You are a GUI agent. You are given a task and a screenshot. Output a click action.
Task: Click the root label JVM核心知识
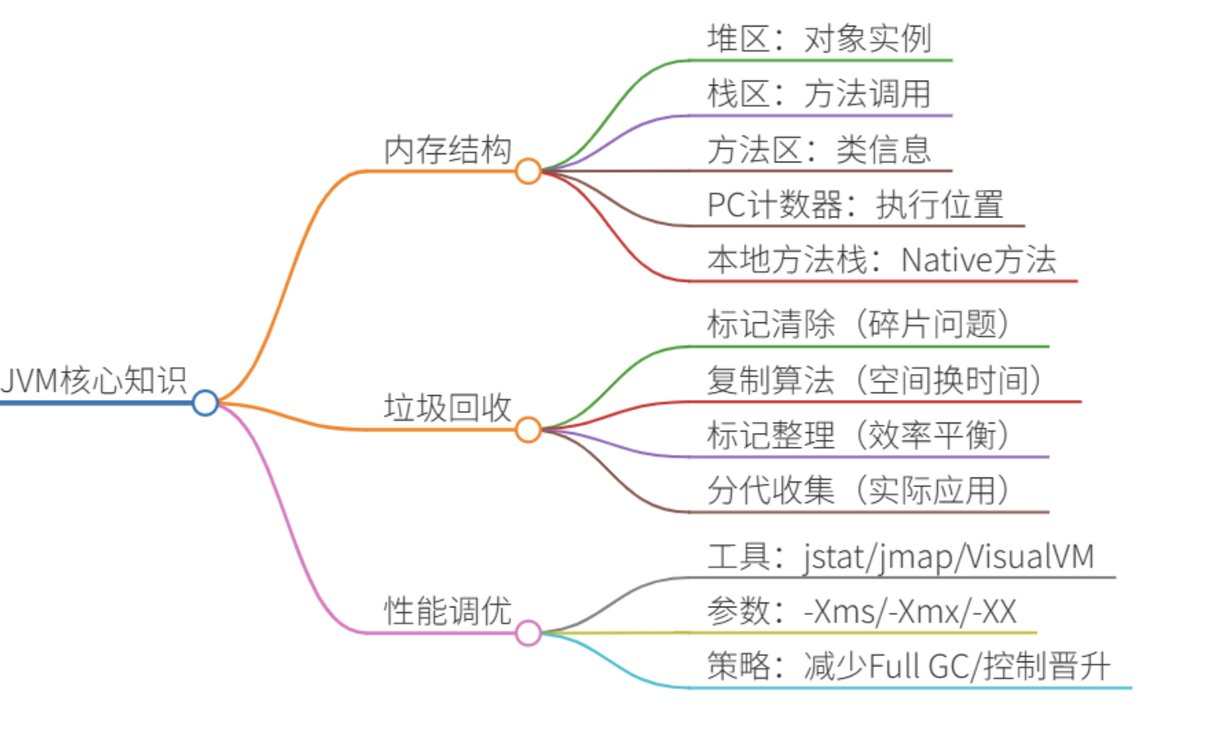[94, 380]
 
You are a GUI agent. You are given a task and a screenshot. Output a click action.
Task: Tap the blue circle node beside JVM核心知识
[205, 402]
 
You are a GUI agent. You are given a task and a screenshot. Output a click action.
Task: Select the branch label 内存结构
[447, 150]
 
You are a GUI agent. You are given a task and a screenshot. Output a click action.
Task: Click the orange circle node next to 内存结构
[528, 171]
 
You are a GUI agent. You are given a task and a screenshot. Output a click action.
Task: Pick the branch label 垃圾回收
[447, 408]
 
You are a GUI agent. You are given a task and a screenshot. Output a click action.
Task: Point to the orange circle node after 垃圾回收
[528, 430]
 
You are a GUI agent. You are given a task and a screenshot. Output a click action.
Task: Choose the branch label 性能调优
[447, 611]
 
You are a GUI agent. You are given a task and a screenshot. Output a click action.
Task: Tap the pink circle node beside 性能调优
[528, 633]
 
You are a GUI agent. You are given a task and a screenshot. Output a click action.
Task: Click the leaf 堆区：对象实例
[818, 39]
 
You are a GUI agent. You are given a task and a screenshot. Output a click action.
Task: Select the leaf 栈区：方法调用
[818, 94]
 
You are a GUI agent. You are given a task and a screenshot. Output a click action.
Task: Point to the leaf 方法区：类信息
[818, 150]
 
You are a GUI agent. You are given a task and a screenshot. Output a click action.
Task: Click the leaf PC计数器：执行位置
[855, 204]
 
